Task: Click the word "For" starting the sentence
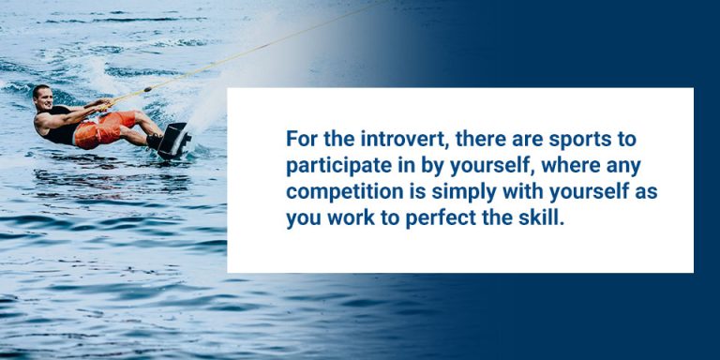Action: pos(303,139)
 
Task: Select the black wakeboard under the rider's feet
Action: pos(173,140)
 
